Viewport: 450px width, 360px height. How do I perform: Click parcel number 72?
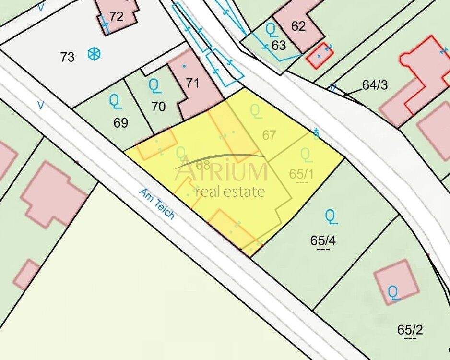point(116,17)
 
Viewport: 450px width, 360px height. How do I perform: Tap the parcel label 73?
point(68,57)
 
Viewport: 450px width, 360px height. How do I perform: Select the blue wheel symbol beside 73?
point(95,54)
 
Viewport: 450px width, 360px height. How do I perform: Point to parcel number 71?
point(192,83)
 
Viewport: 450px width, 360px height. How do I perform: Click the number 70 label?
point(158,106)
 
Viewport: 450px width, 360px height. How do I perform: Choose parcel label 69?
point(121,123)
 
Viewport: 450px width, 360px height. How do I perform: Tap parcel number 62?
point(298,26)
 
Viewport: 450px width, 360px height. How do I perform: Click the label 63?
point(279,46)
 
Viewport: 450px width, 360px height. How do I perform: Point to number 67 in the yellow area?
point(270,135)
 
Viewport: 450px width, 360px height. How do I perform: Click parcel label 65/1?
point(301,173)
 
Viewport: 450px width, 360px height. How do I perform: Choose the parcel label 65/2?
point(410,330)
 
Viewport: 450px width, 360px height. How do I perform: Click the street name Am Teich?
point(157,204)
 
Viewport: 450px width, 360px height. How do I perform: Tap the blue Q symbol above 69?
point(115,100)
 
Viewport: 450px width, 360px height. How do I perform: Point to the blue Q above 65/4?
point(331,216)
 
